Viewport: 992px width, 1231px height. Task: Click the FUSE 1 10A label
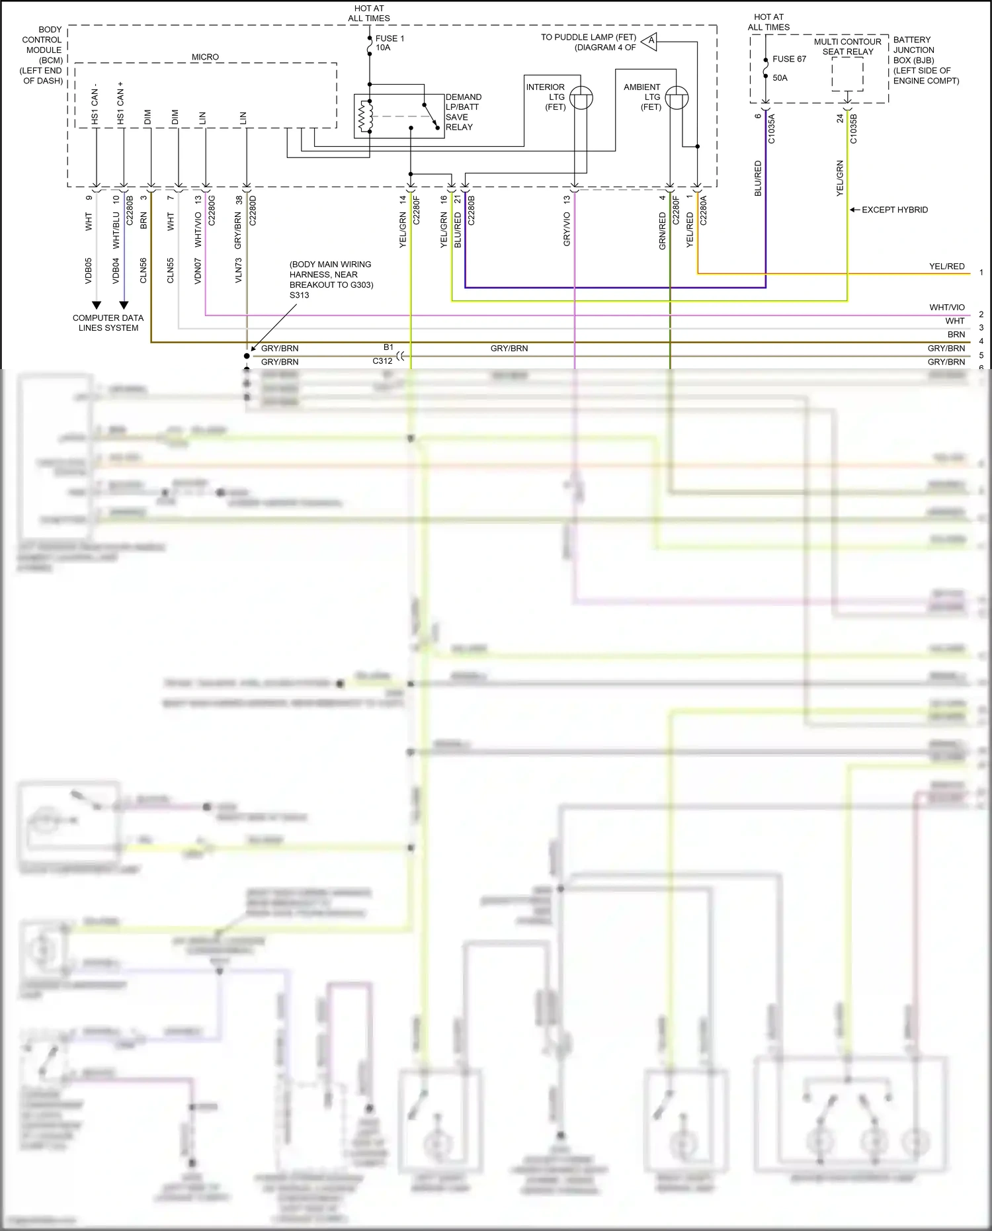point(390,43)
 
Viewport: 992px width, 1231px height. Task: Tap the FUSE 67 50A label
point(789,68)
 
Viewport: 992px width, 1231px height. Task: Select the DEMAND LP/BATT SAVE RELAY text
point(463,112)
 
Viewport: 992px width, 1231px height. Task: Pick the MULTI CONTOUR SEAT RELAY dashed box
point(847,74)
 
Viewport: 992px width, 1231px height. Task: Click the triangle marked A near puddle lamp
point(650,41)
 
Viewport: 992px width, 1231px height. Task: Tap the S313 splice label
point(299,295)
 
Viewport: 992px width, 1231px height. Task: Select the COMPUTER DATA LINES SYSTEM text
point(108,323)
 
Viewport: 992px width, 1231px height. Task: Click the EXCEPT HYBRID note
point(894,210)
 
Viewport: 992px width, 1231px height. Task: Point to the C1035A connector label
point(771,129)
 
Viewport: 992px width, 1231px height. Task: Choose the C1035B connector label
point(853,129)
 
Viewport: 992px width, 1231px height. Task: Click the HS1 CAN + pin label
point(120,103)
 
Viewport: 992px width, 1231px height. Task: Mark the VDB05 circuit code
point(88,271)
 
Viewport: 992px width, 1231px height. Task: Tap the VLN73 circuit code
point(238,271)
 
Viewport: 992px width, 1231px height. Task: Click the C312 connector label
point(382,361)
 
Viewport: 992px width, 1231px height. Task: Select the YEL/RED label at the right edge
point(946,267)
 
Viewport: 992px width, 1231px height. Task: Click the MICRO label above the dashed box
point(205,58)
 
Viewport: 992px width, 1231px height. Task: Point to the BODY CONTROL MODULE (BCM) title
point(42,55)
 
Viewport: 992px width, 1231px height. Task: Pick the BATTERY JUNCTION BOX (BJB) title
point(925,60)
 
